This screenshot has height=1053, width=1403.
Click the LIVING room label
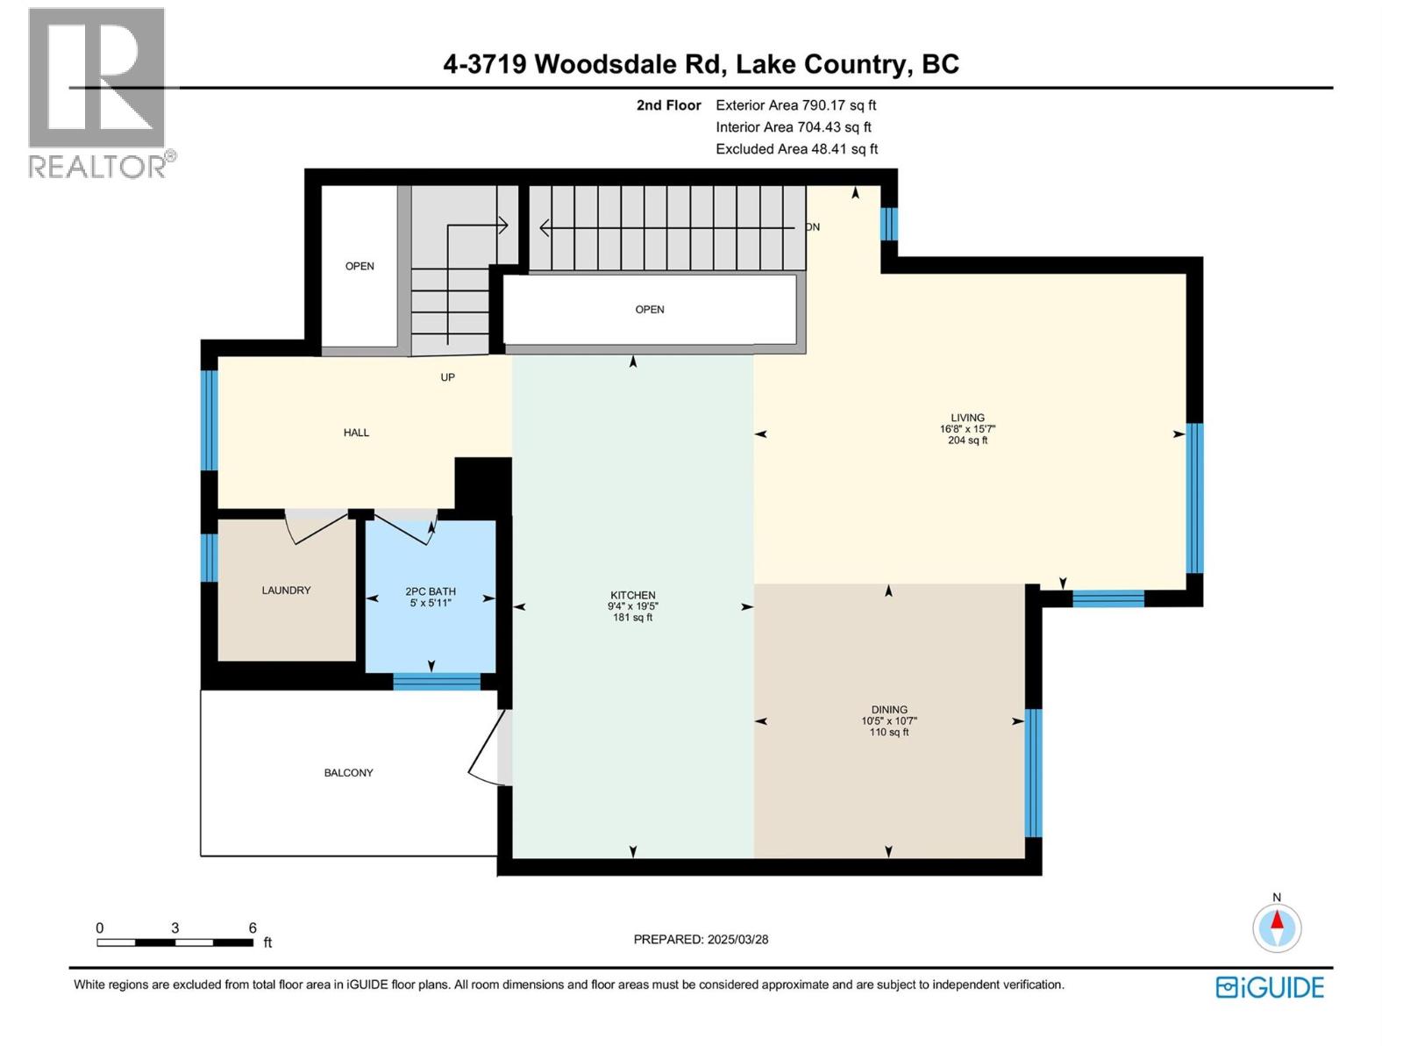tap(967, 419)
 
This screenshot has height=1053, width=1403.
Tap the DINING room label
tap(889, 710)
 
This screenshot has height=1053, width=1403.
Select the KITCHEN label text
tap(632, 595)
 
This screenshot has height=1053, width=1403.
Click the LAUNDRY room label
tap(286, 591)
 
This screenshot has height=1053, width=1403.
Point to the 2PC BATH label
tap(430, 591)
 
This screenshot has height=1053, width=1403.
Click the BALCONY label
tap(348, 773)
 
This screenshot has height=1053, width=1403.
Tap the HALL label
tap(356, 433)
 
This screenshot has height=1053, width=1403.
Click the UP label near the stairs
tap(447, 377)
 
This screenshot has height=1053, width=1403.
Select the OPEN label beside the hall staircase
tap(360, 266)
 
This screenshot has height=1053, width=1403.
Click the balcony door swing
tap(487, 750)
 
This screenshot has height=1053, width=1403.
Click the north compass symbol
tap(1277, 928)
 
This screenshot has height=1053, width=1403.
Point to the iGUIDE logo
tap(1270, 987)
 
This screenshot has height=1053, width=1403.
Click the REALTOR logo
tap(97, 92)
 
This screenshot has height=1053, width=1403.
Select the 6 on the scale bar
tap(253, 928)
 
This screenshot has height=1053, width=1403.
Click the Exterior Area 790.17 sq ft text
tap(795, 105)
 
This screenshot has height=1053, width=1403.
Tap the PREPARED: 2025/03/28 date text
tap(701, 939)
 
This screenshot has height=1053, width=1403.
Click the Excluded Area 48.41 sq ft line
tap(796, 149)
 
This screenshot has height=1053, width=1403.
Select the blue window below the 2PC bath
tap(437, 682)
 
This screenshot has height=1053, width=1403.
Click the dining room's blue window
tap(1034, 772)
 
